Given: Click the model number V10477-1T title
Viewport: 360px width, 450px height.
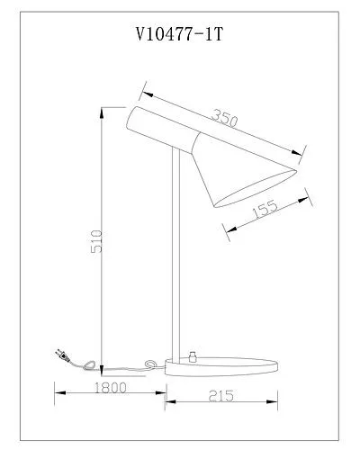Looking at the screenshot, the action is (x=179, y=34).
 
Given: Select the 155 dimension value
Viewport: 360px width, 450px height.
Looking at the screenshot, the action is (x=265, y=209).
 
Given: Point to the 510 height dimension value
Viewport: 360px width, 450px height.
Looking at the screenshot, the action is (x=96, y=241).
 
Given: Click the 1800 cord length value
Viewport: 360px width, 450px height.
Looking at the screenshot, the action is (x=111, y=388).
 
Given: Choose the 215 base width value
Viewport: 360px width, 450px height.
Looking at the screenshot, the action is (x=220, y=396).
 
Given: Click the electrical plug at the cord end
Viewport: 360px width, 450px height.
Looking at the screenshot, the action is (x=63, y=355).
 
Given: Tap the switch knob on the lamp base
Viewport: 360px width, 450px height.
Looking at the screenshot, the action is (x=192, y=356).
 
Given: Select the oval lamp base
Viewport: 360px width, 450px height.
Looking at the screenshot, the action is (x=221, y=366).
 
